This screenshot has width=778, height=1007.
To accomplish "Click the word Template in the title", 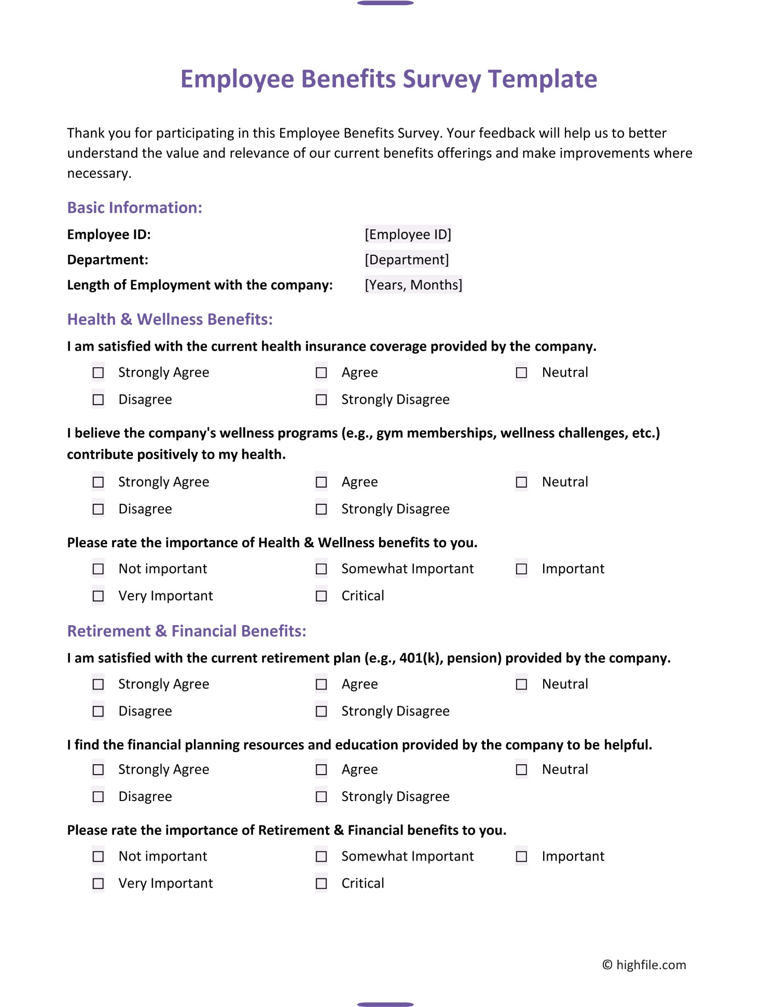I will pos(543,79).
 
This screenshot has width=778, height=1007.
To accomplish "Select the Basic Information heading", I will pos(134,208).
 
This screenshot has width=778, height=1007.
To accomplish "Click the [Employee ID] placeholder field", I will pos(408,234).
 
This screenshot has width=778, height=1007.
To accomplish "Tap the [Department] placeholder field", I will pos(407,259).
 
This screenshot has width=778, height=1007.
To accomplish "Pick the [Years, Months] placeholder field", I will pos(413,285).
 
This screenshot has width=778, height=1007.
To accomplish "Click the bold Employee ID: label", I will pos(109,234).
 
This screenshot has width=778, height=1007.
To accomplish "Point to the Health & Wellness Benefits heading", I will pos(170,319).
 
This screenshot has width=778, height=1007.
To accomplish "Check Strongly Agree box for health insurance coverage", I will pos(98,373).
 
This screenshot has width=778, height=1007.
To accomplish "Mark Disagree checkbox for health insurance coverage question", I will pos(98,399).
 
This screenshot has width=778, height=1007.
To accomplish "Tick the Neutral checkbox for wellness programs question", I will pos(521,482).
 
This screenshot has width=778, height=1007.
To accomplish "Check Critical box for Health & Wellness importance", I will pos(322,596).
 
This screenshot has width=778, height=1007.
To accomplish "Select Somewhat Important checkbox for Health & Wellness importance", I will pos(322,569).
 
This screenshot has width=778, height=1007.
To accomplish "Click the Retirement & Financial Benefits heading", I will pos(187,631).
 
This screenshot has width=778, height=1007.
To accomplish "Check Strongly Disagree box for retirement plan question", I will pos(322,711).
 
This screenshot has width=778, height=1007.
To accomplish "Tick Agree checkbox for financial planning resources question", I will pos(322,769).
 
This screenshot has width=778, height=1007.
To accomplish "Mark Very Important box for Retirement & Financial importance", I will pos(98,883).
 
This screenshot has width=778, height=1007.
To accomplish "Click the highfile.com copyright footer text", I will pos(644,965).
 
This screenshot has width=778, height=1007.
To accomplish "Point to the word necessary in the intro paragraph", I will pos(99,174).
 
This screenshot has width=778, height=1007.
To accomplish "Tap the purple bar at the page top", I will pos(385,3).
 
